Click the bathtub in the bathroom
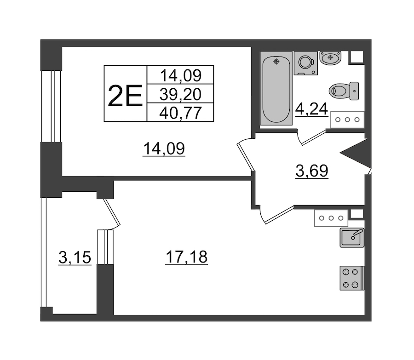[276, 88]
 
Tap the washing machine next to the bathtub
[306, 63]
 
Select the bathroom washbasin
[330, 58]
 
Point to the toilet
[344, 91]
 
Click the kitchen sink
[352, 238]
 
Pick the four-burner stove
[352, 278]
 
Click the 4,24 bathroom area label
[311, 109]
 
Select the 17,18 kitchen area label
[186, 257]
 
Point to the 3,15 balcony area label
[75, 257]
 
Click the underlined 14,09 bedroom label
[164, 149]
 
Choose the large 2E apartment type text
[125, 96]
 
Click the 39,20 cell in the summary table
[180, 94]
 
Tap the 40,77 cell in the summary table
[181, 113]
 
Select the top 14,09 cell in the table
[181, 75]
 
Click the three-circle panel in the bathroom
[347, 120]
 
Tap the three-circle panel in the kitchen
[331, 218]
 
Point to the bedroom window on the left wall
[51, 106]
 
